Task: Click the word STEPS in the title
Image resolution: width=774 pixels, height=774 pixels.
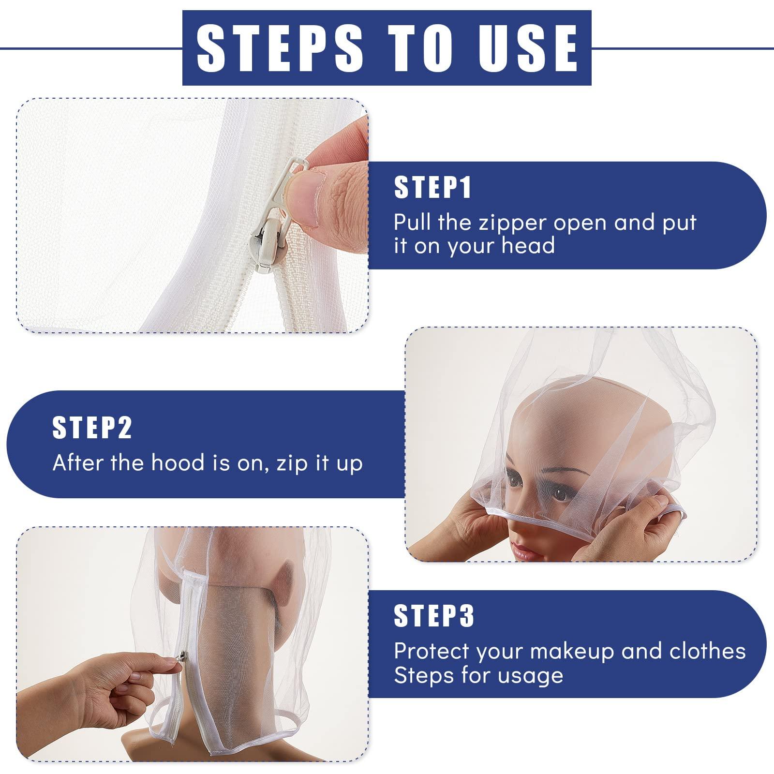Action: click(x=280, y=47)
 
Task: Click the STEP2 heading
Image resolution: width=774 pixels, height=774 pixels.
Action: click(x=92, y=427)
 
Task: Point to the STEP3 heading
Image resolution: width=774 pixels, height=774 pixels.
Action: click(x=434, y=615)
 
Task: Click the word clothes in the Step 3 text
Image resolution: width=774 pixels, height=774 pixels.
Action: click(x=707, y=651)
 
